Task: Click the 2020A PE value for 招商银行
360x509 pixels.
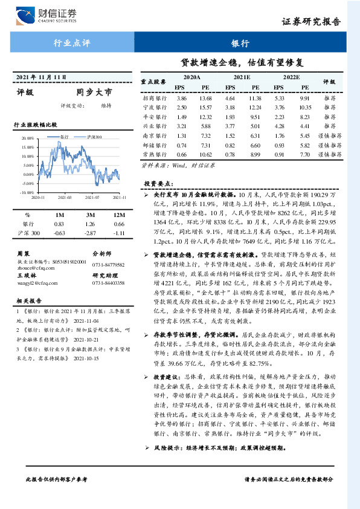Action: tap(205, 98)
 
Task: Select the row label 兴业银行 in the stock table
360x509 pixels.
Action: tap(154, 127)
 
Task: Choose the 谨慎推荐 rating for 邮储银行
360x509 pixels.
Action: tap(329, 146)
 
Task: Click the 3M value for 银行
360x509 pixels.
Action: tap(91, 224)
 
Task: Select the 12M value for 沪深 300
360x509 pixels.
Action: tap(118, 233)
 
